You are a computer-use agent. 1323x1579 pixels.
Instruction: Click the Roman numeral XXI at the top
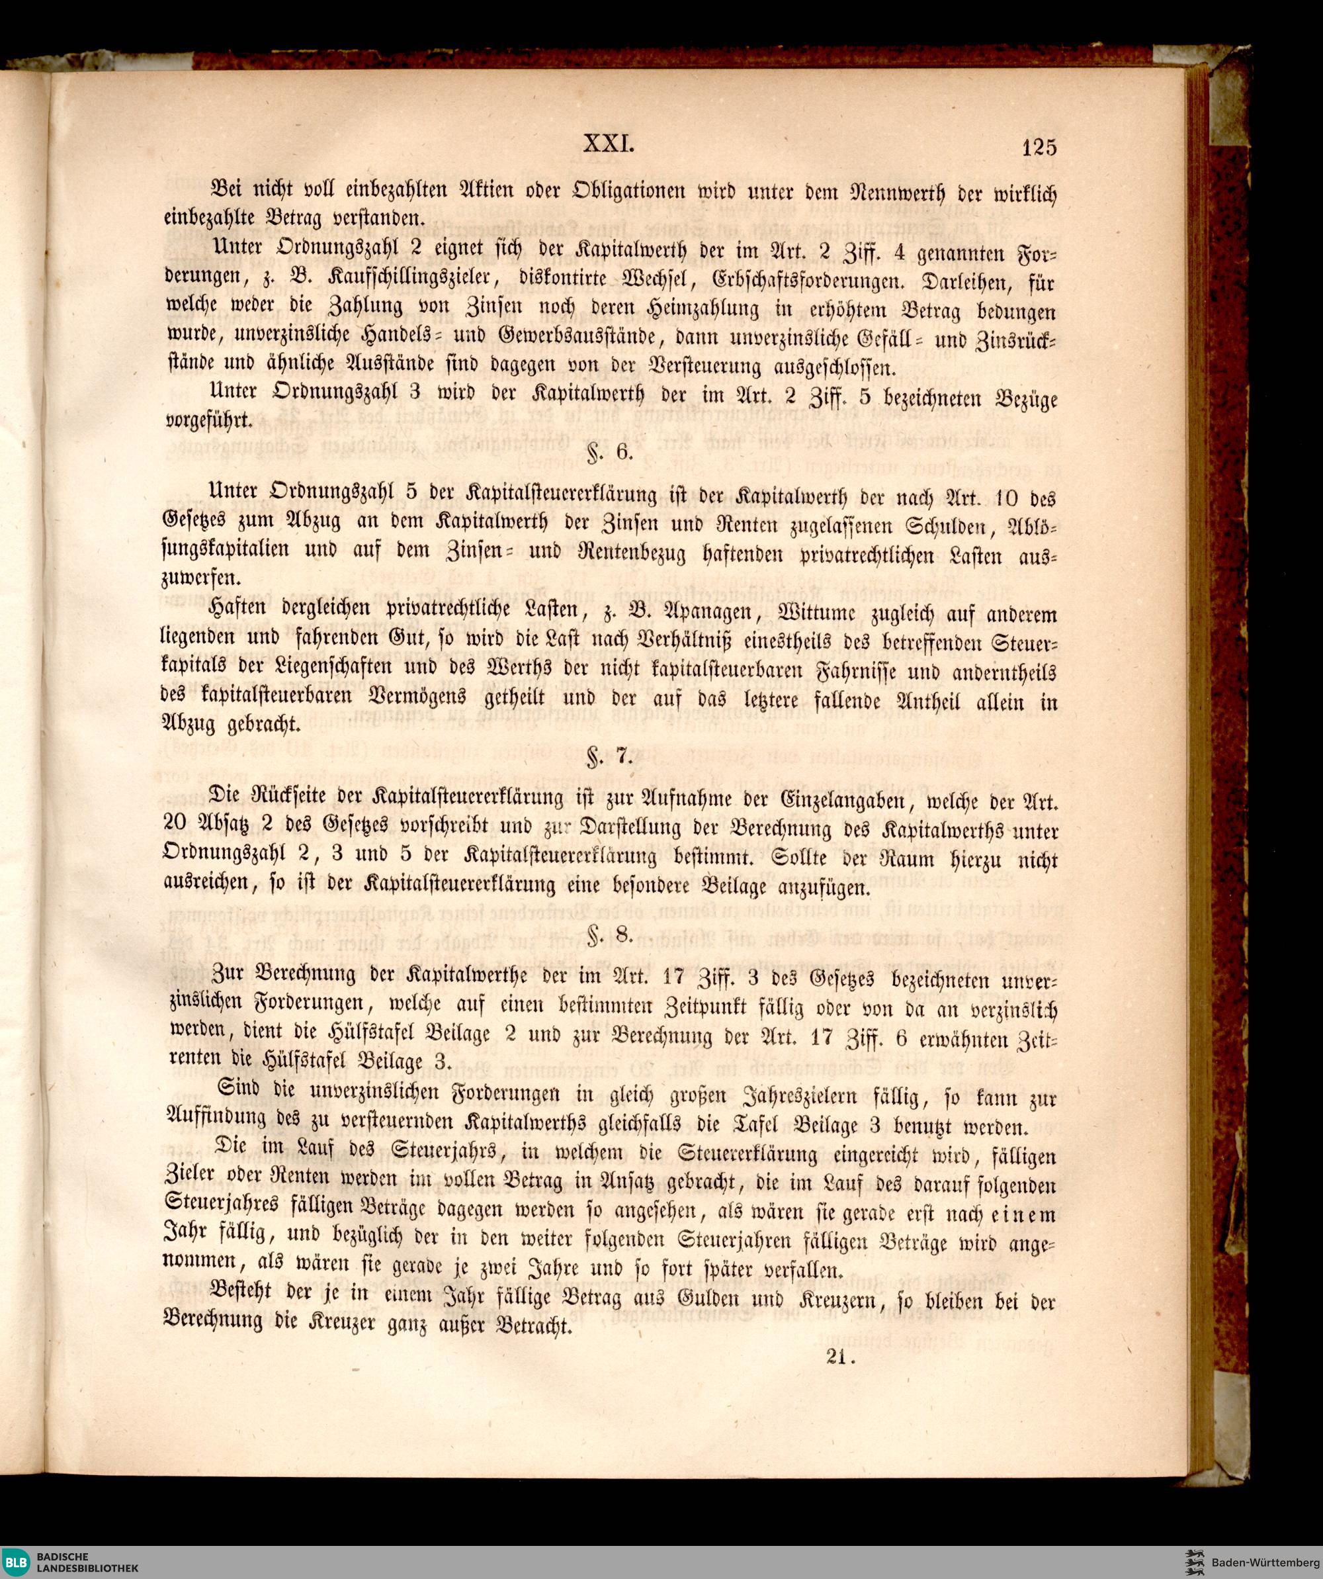pyautogui.click(x=610, y=143)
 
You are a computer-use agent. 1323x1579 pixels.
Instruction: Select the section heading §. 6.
pyautogui.click(x=611, y=452)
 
